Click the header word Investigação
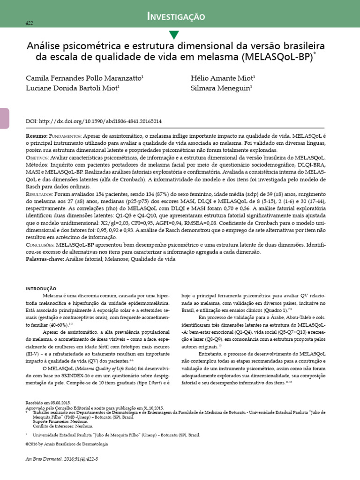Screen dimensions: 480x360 tap(176, 17)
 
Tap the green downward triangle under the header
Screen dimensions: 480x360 tap(174, 34)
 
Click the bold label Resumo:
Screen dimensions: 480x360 tap(37, 135)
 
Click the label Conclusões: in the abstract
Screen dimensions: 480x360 tap(40, 245)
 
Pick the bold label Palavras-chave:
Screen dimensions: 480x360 tap(45, 259)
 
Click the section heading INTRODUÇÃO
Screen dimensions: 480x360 tap(40, 288)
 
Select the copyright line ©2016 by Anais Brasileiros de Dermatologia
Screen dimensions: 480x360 tap(67, 444)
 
